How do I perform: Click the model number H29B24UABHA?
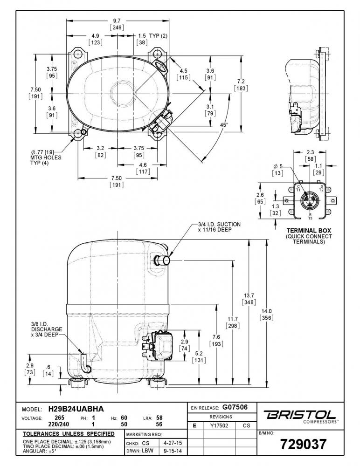pyautogui.click(x=76, y=409)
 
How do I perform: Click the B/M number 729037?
pyautogui.click(x=303, y=444)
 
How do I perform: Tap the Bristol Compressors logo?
pyautogui.click(x=301, y=416)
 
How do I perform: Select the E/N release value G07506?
pyautogui.click(x=235, y=407)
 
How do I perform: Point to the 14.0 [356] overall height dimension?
pyautogui.click(x=266, y=315)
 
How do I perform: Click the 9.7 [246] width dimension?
pyautogui.click(x=117, y=24)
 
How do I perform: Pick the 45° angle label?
pyautogui.click(x=224, y=125)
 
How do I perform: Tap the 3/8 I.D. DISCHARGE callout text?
pyautogui.click(x=47, y=329)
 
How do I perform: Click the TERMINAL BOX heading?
pyautogui.click(x=309, y=230)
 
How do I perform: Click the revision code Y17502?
pyautogui.click(x=219, y=425)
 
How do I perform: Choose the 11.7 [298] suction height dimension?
pyautogui.click(x=233, y=322)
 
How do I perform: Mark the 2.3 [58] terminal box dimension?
pyautogui.click(x=310, y=156)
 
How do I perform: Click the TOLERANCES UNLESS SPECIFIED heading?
pyautogui.click(x=69, y=434)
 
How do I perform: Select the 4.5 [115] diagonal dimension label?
pyautogui.click(x=184, y=74)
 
